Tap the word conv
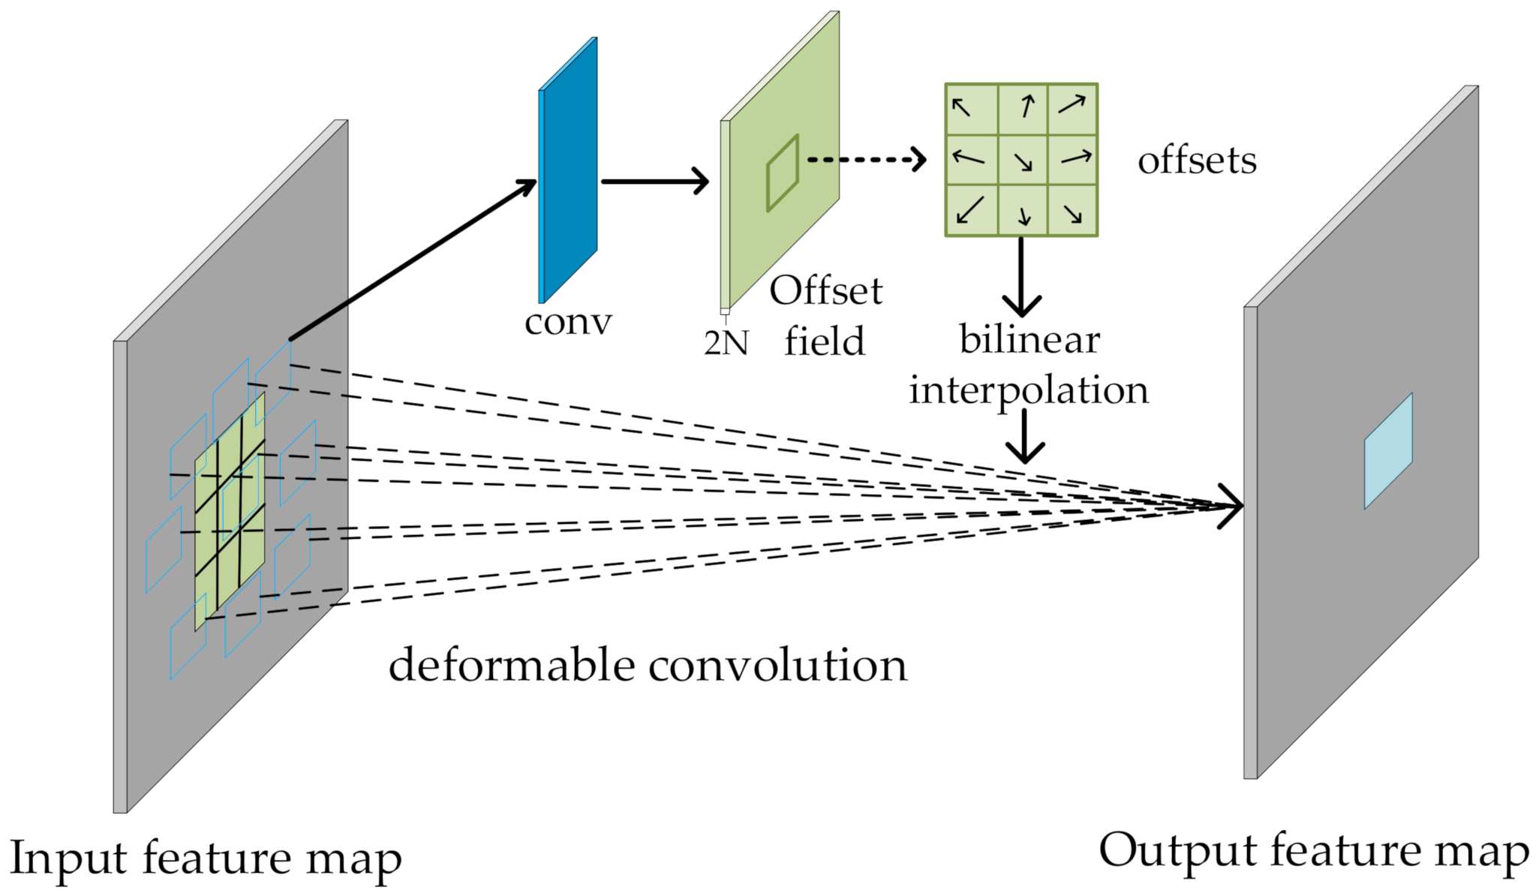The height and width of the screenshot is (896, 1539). tap(568, 323)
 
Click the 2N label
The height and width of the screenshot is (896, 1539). tap(726, 343)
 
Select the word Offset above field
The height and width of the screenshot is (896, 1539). tap(825, 290)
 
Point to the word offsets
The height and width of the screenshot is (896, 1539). tap(1197, 161)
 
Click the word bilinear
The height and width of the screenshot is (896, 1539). tap(1030, 339)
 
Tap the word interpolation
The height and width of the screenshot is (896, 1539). tap(1029, 390)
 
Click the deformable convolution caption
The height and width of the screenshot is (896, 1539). tap(648, 666)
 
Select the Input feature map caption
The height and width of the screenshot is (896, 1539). tap(206, 858)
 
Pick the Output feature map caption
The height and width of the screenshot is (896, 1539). tap(1314, 851)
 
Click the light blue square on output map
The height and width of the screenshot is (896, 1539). tap(1388, 451)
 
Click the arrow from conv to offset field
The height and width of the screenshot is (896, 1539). tap(654, 181)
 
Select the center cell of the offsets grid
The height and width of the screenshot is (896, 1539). tap(1022, 160)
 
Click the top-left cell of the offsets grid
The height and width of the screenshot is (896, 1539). tap(971, 109)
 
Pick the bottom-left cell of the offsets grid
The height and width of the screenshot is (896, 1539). tap(971, 210)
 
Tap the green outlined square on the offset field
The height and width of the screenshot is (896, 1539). tap(782, 173)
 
